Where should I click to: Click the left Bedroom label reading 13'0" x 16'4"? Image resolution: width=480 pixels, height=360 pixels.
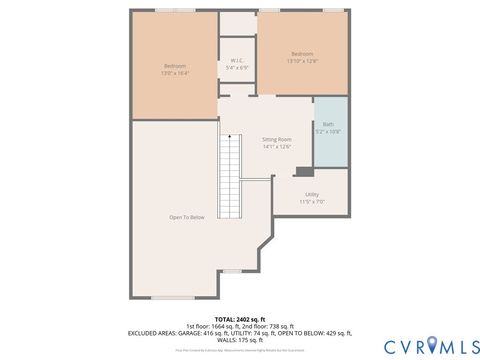coord(174,70)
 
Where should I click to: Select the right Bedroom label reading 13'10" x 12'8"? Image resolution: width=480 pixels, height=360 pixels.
coord(302,57)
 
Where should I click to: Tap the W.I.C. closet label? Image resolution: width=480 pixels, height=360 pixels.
coord(238,64)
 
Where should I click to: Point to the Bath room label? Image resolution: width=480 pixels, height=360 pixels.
coord(328,128)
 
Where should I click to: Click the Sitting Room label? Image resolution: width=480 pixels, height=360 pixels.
coord(276,139)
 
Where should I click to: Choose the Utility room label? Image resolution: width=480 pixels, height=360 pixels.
coord(312,197)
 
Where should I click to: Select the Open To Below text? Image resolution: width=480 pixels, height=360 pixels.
coord(187,217)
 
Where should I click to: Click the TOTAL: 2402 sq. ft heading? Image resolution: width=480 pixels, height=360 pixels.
coord(240,318)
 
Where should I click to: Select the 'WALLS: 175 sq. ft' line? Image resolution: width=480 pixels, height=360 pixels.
coord(240,340)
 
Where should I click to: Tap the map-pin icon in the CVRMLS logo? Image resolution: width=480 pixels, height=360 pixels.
coord(432,345)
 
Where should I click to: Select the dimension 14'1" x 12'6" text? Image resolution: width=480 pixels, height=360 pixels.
coord(276,147)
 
